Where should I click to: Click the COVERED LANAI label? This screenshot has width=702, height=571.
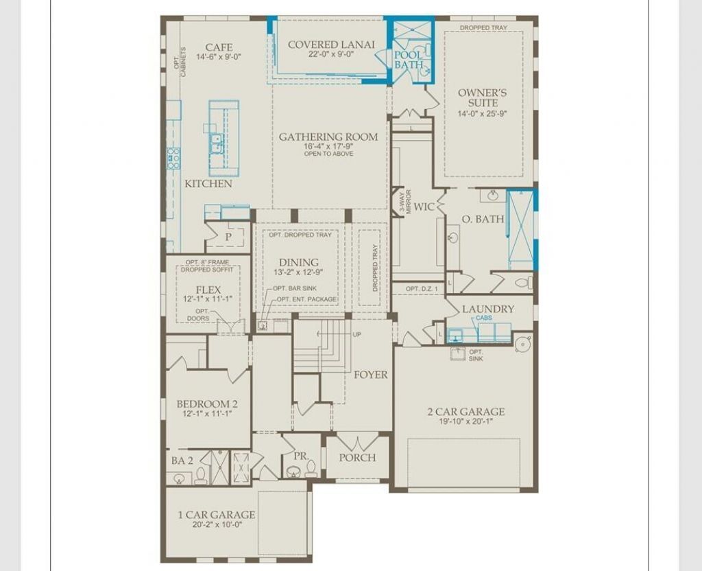point(331,45)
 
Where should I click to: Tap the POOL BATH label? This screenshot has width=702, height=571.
point(409,60)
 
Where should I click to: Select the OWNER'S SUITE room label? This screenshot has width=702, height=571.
point(483,97)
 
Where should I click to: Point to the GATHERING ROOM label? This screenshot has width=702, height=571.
point(328,137)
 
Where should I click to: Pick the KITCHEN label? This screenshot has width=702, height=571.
point(208,184)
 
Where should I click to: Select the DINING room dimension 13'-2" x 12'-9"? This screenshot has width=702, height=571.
point(299,272)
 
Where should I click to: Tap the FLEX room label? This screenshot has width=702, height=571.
point(208,290)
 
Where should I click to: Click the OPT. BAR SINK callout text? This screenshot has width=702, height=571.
point(295,288)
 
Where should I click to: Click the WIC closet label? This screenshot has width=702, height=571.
point(424,207)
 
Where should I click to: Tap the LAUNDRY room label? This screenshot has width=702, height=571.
point(487,309)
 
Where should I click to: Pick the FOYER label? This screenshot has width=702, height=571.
point(370,375)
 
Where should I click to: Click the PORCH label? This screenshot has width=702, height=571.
point(356,457)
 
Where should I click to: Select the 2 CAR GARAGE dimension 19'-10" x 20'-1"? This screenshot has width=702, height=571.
point(465,421)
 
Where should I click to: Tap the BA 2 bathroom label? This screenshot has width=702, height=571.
point(182,461)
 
